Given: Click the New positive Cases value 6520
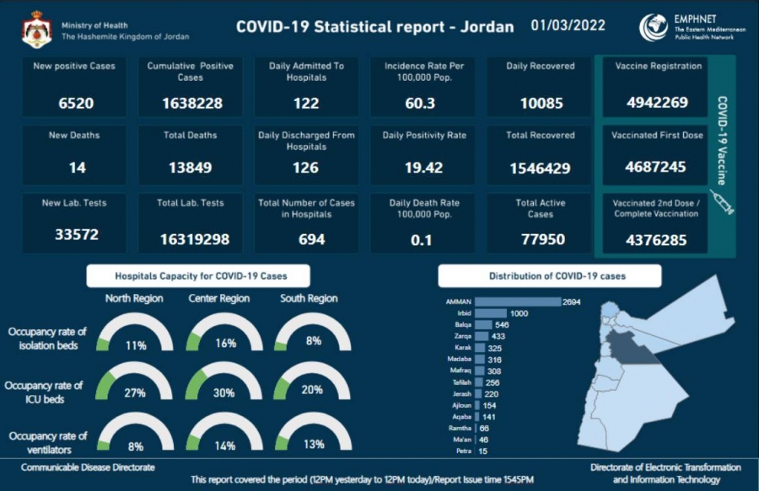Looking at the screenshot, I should (76, 103).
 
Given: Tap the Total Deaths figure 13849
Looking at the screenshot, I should (191, 168).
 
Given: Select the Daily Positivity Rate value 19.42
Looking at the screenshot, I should (423, 168).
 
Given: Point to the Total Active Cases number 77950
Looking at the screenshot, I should (541, 239).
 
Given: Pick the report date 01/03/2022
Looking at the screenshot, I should (568, 25).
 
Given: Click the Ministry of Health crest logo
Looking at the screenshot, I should (36, 29).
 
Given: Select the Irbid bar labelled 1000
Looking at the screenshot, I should (496, 312).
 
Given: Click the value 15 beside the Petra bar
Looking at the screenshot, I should (483, 451).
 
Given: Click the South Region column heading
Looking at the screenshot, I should (309, 298).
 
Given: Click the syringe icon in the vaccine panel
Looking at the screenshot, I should (722, 205).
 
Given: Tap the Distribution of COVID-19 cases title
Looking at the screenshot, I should (550, 275).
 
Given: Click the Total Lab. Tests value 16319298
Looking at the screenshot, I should (195, 239).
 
